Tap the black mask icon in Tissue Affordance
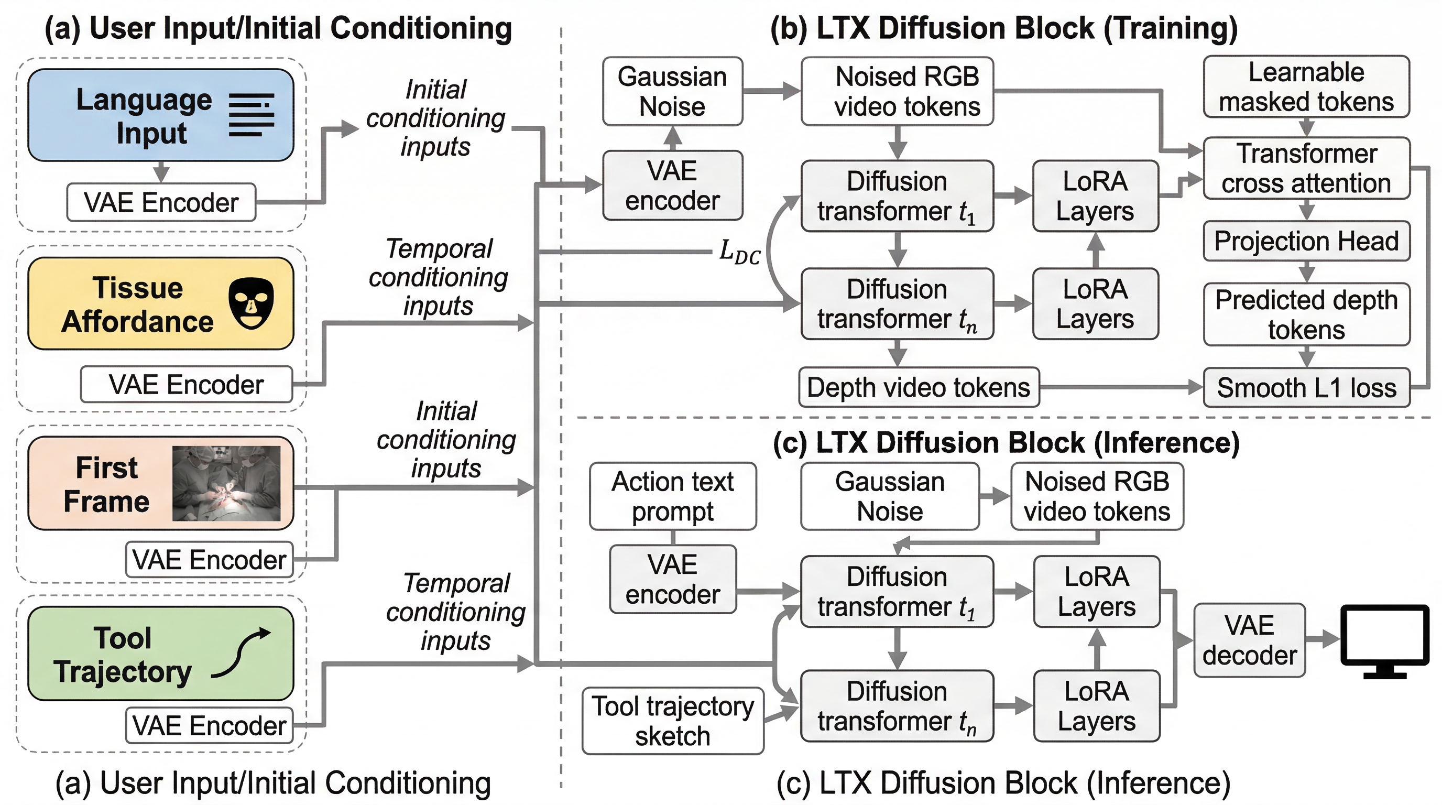(252, 303)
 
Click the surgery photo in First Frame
(226, 483)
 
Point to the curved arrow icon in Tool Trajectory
(242, 652)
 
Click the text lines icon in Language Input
(252, 115)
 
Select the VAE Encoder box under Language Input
(161, 202)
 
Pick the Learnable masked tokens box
(1306, 87)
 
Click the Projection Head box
(1306, 241)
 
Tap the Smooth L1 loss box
(1306, 387)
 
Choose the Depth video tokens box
(919, 387)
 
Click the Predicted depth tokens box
(1306, 314)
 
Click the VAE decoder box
(1249, 640)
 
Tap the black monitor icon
(1385, 640)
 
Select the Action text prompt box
(673, 496)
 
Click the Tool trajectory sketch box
(673, 721)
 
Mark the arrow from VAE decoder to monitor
(1324, 639)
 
